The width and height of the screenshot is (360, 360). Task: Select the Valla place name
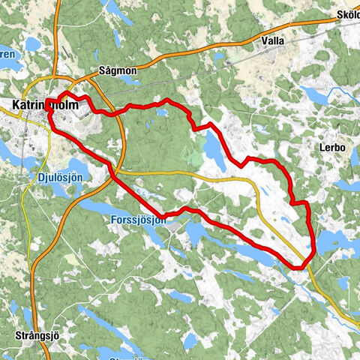pyautogui.click(x=272, y=41)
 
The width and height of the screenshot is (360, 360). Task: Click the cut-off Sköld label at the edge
pyautogui.click(x=348, y=14)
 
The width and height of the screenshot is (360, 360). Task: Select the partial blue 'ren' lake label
pyautogui.click(x=7, y=54)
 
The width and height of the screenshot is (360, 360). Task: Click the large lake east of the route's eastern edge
pyautogui.click(x=334, y=241)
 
